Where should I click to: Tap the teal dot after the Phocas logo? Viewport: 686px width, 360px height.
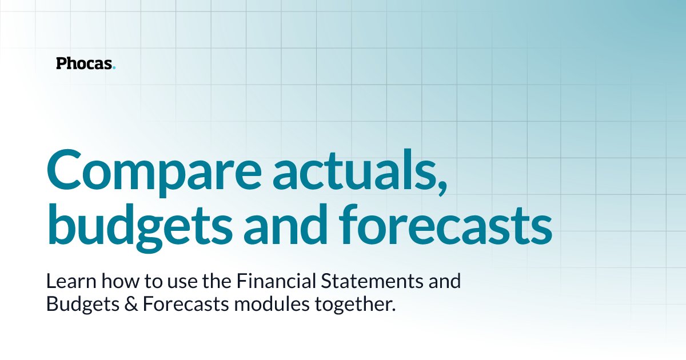click(114, 68)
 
